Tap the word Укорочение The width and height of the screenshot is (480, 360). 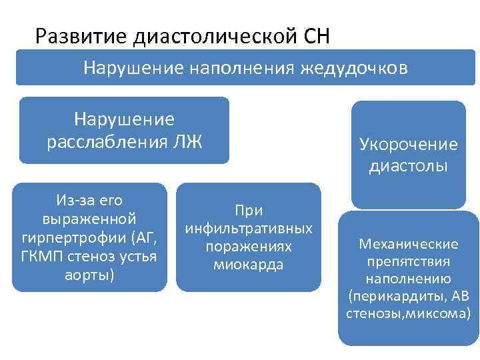[x=409, y=144]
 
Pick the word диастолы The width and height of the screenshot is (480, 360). [x=409, y=165]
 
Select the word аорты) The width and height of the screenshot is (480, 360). [x=90, y=274]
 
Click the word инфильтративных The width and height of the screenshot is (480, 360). [x=249, y=228]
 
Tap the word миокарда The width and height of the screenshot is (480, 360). [x=249, y=265]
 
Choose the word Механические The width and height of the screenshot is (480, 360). [x=409, y=243]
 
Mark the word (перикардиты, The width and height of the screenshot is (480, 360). [x=391, y=296]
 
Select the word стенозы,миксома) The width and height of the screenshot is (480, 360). [x=409, y=313]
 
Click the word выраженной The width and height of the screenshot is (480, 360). [x=89, y=218]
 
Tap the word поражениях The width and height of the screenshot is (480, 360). [x=249, y=247]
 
